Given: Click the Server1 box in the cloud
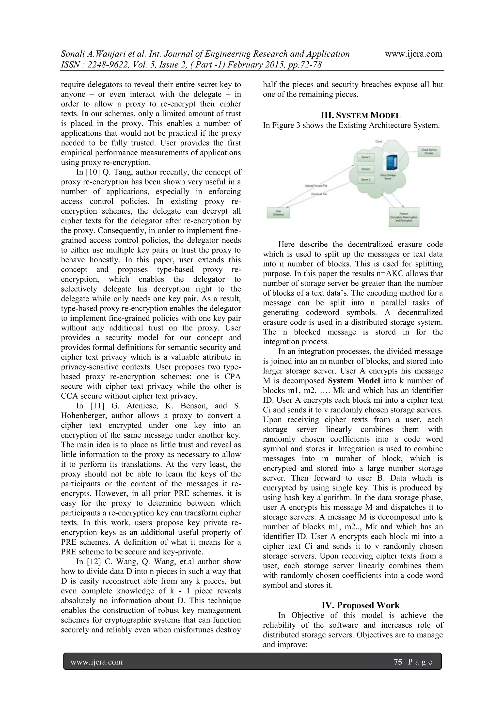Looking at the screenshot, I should tap(365, 158).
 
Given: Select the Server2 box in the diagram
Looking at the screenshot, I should tap(365, 169).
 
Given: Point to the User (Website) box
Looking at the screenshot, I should tap(279, 213).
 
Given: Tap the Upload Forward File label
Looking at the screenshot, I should tap(316, 186).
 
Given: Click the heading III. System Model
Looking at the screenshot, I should tap(361, 116).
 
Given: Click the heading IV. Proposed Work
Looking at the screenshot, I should tap(360, 605).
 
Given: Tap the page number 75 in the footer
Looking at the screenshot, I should tap(398, 662).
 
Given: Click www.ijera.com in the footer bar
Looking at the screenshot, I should tap(96, 662).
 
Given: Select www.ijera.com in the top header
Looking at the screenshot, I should tap(413, 54).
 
